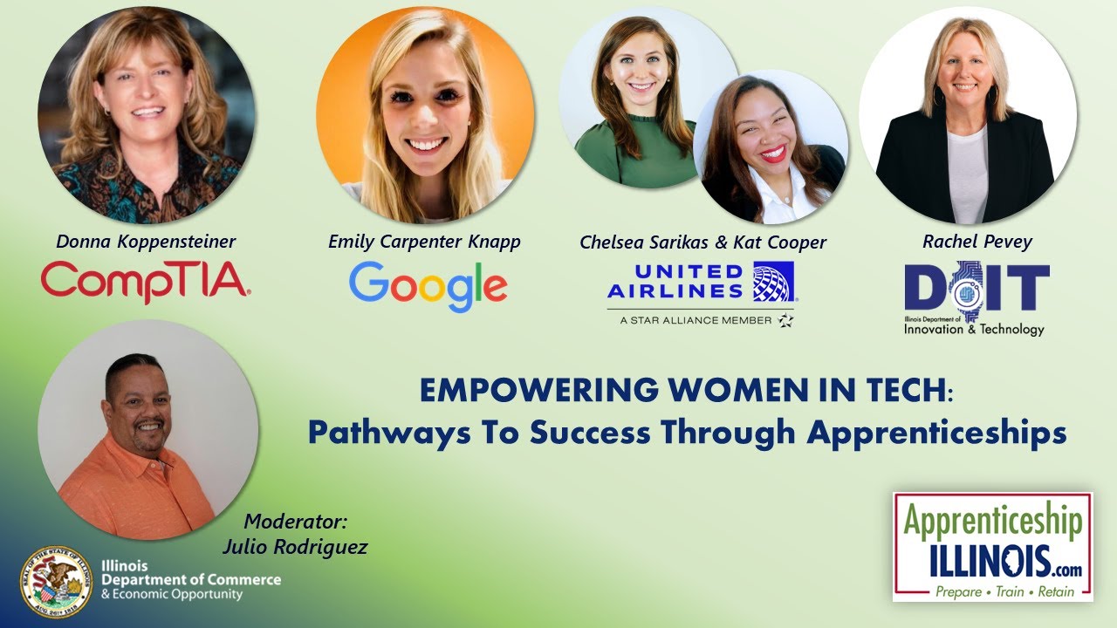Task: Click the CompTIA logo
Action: [146, 280]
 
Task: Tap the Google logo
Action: [428, 285]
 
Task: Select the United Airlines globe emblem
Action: [773, 281]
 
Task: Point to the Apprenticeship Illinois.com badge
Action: [992, 546]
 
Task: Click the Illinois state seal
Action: [57, 582]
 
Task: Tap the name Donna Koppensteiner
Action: [146, 242]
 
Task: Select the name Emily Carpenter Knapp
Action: [424, 242]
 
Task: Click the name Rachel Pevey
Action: [977, 242]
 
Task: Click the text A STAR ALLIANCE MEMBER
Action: [696, 320]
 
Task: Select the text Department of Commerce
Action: [191, 579]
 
